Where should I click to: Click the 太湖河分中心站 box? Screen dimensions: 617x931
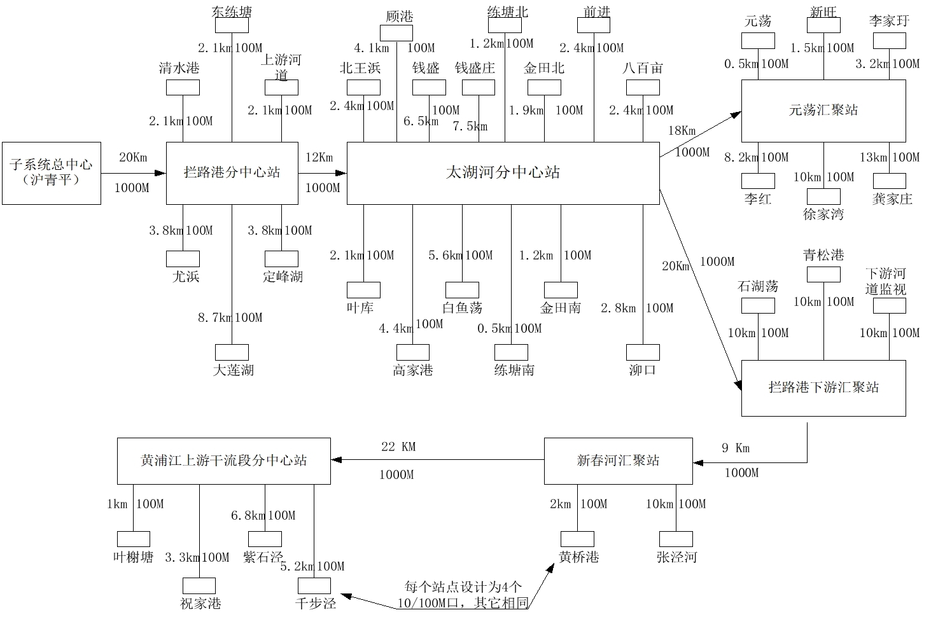pos(503,173)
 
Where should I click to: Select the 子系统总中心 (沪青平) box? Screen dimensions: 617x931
pos(51,173)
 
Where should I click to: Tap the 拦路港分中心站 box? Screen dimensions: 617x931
pos(232,173)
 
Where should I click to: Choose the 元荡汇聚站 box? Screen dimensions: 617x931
pos(823,110)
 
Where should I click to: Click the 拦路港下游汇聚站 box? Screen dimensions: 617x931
pos(823,388)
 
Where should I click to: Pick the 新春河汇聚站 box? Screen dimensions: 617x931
pos(618,461)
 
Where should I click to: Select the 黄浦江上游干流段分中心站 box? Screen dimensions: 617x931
pos(223,461)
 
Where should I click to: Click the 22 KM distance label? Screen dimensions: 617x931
pos(398,447)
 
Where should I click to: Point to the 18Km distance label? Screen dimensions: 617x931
pos(682,131)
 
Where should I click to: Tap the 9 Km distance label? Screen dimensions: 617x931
pos(736,448)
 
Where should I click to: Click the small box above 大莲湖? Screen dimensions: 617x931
pos(232,352)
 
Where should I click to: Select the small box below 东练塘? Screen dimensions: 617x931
pos(232,25)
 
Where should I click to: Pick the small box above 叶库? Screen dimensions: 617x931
pos(363,290)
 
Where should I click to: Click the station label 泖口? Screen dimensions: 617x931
pos(642,370)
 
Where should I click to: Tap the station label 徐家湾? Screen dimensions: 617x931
pos(823,214)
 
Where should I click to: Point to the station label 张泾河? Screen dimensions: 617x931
pos(676,557)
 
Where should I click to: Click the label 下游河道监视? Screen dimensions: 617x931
pos(885,281)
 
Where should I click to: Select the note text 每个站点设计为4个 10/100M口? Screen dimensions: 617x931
pos(463,595)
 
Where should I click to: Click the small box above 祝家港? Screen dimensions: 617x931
pos(199,585)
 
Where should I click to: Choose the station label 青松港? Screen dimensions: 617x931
pos(823,255)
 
